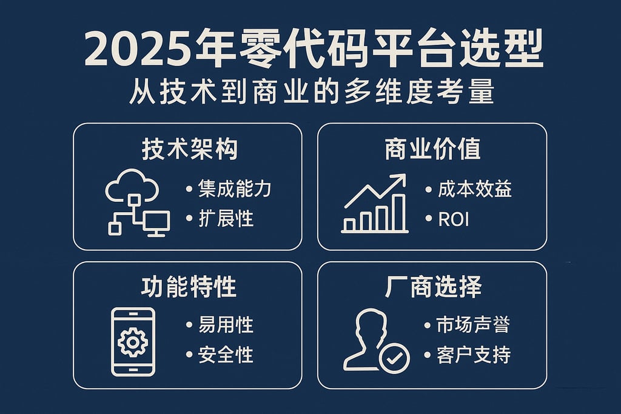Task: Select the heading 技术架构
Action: [x=189, y=149]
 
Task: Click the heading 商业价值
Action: [x=432, y=149]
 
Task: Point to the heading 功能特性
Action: [x=189, y=287]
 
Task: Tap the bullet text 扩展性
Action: [x=226, y=218]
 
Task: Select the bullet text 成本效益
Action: [x=475, y=189]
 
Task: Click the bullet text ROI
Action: [x=454, y=218]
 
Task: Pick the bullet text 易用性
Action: [x=226, y=325]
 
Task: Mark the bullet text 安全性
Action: [x=226, y=355]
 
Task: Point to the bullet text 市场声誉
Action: [x=473, y=325]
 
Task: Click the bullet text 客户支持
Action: [x=473, y=355]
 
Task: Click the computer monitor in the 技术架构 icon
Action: [x=156, y=222]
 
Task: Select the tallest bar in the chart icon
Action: [x=398, y=212]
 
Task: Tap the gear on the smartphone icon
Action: [x=133, y=342]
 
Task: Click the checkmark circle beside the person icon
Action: [x=394, y=359]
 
